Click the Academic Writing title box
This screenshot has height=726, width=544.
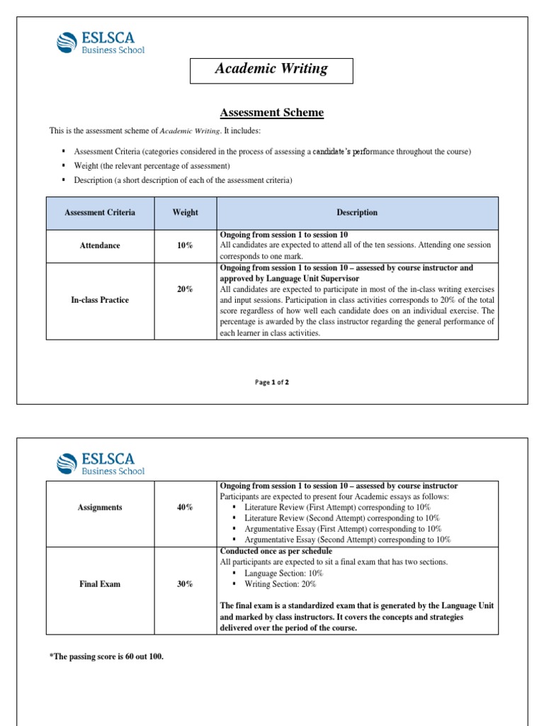[x=272, y=69]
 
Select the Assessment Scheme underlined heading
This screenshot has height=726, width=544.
[x=271, y=113]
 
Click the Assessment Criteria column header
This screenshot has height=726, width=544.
[x=100, y=213]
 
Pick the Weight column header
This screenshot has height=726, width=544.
[x=185, y=213]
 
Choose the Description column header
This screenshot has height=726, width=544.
[x=357, y=213]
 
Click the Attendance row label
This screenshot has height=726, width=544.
[x=100, y=245]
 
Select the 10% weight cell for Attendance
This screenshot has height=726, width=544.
[x=185, y=245]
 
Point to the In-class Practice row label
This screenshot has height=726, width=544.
[x=100, y=300]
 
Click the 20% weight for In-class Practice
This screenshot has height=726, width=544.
[x=185, y=289]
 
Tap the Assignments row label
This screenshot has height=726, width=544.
[x=100, y=508]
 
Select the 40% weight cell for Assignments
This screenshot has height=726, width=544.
[x=185, y=508]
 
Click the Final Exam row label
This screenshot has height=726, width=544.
[x=100, y=584]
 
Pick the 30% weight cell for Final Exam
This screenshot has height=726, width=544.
[x=185, y=584]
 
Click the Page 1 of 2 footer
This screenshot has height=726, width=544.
[x=272, y=382]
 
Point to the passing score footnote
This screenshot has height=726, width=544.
[x=106, y=657]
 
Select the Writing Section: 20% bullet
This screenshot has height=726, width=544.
[x=280, y=584]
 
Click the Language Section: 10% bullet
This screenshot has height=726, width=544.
[x=283, y=573]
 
